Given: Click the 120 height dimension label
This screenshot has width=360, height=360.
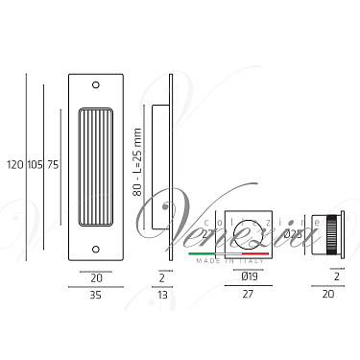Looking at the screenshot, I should click(x=12, y=165).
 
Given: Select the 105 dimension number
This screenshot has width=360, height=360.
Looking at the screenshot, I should click(x=33, y=165).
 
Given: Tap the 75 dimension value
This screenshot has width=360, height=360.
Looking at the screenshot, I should click(x=53, y=165).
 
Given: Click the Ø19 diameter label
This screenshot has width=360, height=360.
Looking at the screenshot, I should click(x=248, y=279).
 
